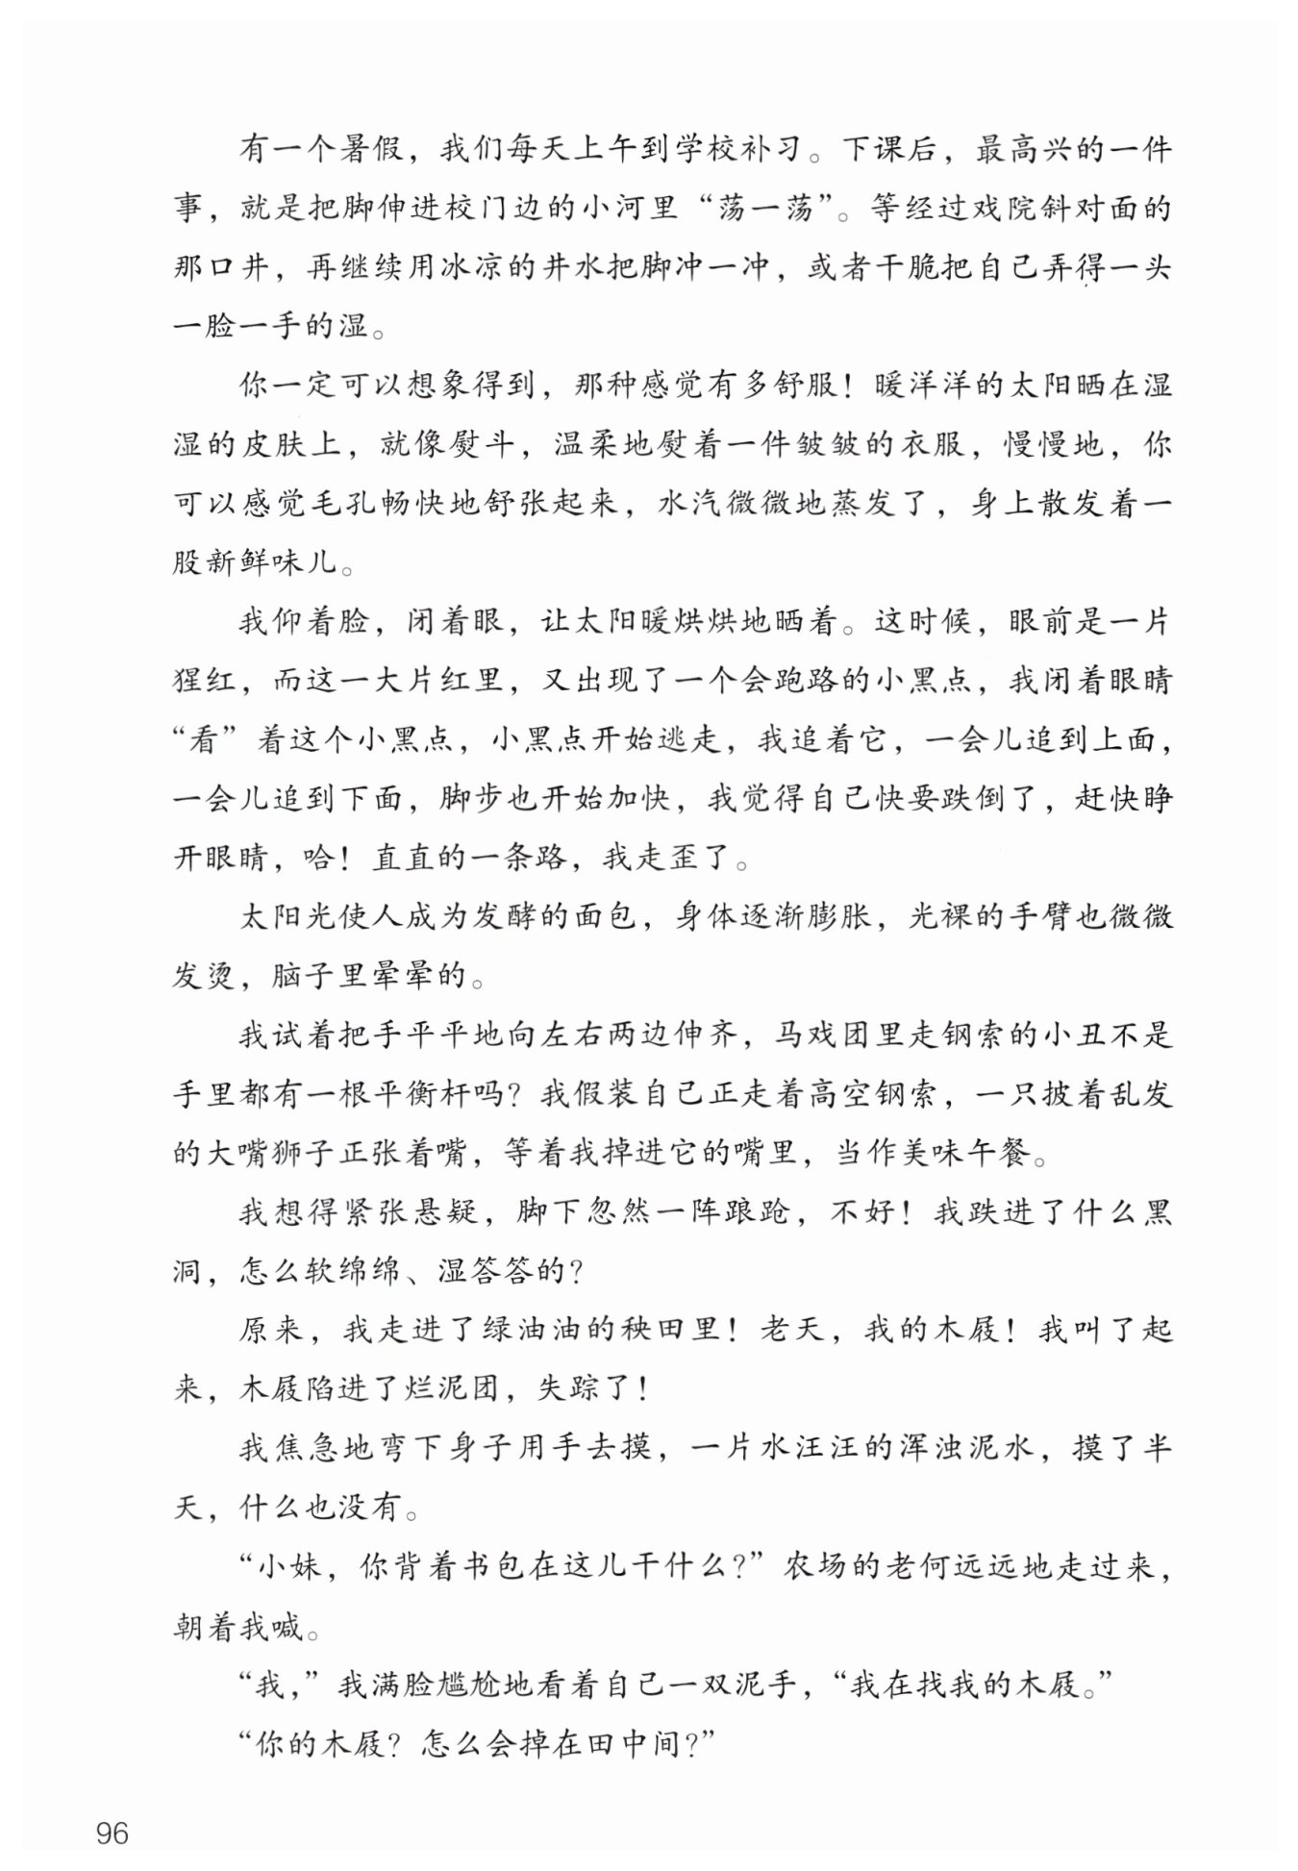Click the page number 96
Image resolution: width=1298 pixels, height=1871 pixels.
(112, 1833)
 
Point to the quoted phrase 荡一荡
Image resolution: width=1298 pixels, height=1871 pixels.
(764, 208)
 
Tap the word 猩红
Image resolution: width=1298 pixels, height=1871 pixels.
(205, 681)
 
